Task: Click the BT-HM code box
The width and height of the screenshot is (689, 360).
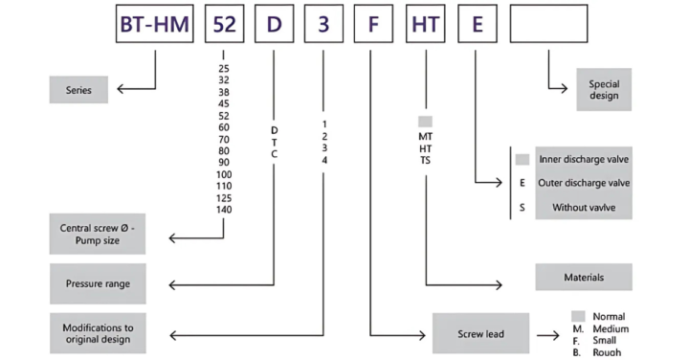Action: pos(155,24)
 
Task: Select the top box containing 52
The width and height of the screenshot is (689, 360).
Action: pos(225,24)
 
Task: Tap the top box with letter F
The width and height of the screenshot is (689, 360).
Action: pos(373,24)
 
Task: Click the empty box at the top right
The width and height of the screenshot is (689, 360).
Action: pos(549,24)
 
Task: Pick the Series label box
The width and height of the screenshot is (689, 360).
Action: pos(78,90)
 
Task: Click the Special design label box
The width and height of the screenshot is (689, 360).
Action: pos(604,90)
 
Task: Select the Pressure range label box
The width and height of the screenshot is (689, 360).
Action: pos(98,283)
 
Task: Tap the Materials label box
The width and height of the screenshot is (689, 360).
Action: pos(584,277)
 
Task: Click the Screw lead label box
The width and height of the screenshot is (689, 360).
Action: pos(480,333)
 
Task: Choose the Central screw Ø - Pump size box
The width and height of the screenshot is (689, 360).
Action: pos(97,234)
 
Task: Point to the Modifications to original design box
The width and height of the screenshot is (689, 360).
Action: pos(98,333)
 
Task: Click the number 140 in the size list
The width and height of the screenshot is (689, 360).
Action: pos(224,210)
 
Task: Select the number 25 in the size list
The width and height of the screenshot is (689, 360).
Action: pos(224,69)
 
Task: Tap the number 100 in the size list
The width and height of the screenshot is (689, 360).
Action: pos(224,174)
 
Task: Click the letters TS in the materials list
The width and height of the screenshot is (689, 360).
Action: pos(425,161)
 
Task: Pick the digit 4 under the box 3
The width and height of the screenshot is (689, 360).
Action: pos(324,161)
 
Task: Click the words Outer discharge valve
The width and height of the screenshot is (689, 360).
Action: pos(584,183)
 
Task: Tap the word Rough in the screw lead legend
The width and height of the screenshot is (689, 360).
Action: pos(607,352)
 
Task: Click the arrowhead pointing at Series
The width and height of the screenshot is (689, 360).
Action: pos(121,89)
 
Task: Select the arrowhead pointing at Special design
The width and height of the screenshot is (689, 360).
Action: pos(564,89)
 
